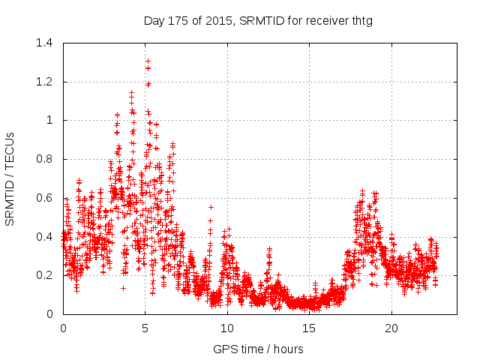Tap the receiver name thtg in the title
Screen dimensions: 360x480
pyautogui.click(x=360, y=20)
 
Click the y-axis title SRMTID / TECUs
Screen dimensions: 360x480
pyautogui.click(x=10, y=178)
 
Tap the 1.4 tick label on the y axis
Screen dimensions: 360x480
pyautogui.click(x=44, y=43)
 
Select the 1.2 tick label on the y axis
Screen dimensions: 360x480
pyautogui.click(x=44, y=82)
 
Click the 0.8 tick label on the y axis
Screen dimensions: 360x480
pyautogui.click(x=44, y=159)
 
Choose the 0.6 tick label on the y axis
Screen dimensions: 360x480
pyautogui.click(x=44, y=198)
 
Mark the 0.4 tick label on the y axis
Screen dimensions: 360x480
pyautogui.click(x=44, y=236)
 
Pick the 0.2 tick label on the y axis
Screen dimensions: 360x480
pyautogui.click(x=44, y=275)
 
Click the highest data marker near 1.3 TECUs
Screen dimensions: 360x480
pyautogui.click(x=148, y=61)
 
